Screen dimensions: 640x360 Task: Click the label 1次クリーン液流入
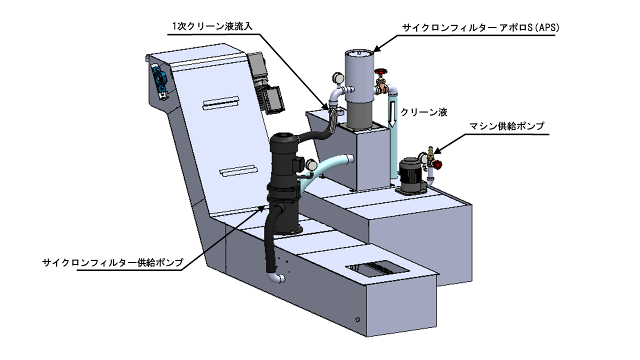tap(212, 26)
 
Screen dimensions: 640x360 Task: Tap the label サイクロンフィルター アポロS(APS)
tap(481, 27)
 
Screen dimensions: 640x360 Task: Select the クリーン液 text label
tap(424, 112)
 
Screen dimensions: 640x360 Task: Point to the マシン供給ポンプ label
tap(507, 126)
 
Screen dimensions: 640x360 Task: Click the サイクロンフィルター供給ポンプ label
tap(113, 262)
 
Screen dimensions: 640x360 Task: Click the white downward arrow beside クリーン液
tap(392, 113)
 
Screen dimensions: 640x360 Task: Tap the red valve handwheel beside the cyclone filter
tap(380, 71)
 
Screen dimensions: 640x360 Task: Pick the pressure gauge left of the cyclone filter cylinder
tap(338, 77)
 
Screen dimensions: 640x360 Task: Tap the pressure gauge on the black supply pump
tap(310, 165)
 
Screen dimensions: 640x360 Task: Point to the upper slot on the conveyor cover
tap(220, 103)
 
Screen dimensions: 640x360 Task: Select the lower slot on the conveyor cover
tap(238, 171)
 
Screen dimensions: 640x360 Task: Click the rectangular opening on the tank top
tap(377, 269)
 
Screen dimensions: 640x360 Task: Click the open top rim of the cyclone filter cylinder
tap(359, 53)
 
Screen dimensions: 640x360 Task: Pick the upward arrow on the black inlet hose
tap(333, 120)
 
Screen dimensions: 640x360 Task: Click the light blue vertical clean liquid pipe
tap(392, 134)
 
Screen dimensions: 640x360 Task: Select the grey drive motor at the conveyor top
tap(265, 83)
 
